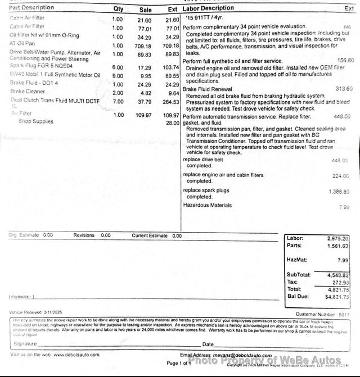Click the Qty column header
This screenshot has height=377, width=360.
click(118, 8)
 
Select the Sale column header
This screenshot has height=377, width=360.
click(145, 9)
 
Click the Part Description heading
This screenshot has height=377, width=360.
click(31, 8)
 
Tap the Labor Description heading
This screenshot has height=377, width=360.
click(208, 8)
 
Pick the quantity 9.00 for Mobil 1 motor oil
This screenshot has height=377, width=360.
click(118, 75)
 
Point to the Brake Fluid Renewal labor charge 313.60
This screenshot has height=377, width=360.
click(344, 89)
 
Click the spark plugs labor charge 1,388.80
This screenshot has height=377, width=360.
click(339, 192)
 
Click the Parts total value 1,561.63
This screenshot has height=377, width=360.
click(338, 246)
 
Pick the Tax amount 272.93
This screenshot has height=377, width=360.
click(340, 281)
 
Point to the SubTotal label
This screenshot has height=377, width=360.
click(298, 274)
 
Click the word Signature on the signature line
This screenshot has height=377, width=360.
click(25, 343)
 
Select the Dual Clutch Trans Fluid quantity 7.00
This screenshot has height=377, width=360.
click(118, 102)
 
